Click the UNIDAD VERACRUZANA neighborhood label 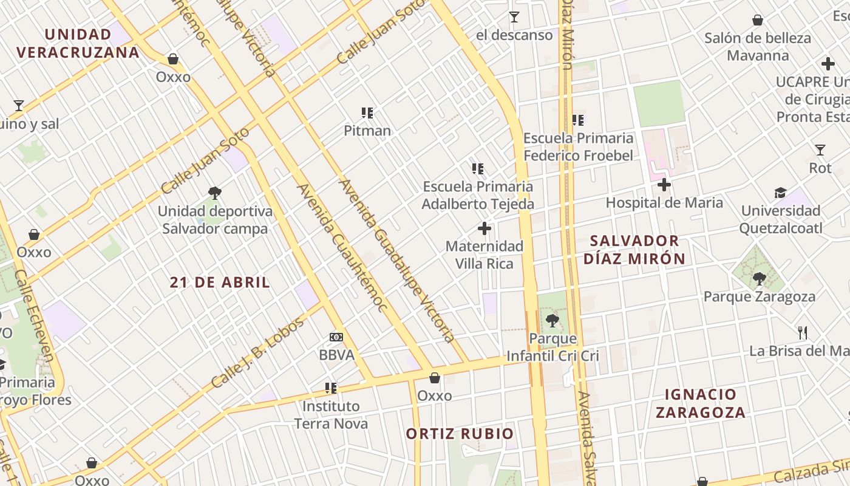point(78,43)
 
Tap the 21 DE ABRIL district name point(220,282)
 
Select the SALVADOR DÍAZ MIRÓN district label point(634,250)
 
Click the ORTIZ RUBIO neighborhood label point(460,434)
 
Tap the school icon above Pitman point(367,112)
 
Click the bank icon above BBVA point(336,337)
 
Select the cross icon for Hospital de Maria point(664,185)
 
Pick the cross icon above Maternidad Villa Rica point(484,228)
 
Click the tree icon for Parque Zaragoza point(759,279)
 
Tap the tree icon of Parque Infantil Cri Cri point(552,320)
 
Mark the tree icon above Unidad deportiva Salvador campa point(214,193)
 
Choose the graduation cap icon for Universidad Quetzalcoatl point(780,193)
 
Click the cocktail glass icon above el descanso point(514,17)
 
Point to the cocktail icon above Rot point(820,150)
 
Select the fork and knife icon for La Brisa point(803,332)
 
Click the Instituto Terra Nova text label point(331,414)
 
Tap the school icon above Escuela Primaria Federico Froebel point(577,120)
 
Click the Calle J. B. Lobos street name point(257,354)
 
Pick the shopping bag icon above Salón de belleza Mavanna point(758,20)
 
